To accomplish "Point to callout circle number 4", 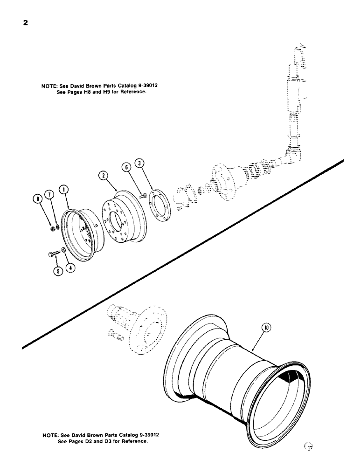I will [x=69, y=268].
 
